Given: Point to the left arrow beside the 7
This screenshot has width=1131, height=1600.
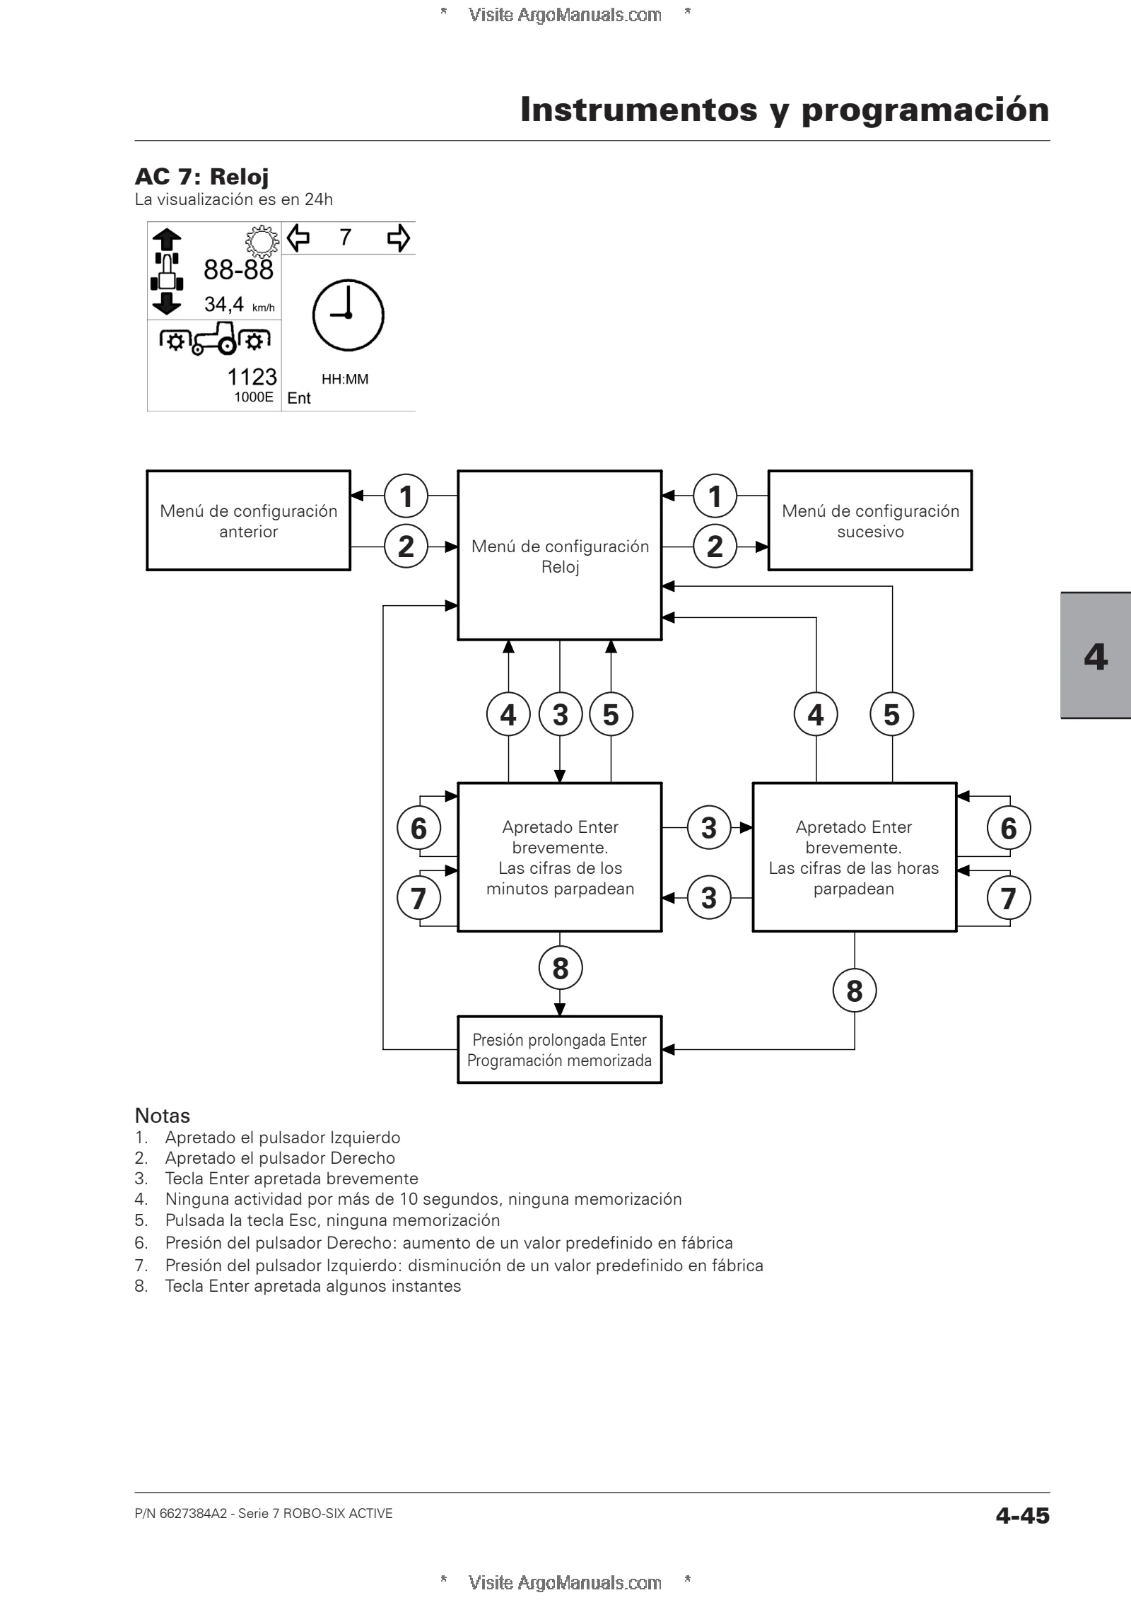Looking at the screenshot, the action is tap(299, 238).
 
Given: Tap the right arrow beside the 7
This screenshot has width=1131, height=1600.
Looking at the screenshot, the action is tap(399, 238).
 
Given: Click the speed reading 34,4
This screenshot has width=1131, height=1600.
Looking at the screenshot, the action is tap(224, 305).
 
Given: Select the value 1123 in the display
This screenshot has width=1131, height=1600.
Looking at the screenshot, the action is tap(252, 377).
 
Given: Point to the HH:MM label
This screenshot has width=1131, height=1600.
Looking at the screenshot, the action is tap(345, 380).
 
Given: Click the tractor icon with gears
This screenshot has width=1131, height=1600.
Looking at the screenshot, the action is tap(215, 339).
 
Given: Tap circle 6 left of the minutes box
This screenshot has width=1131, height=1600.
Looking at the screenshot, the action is tap(418, 828).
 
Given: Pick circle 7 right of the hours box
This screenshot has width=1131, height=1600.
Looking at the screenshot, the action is tap(1009, 898).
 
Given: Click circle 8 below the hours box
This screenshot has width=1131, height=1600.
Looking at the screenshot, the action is tap(855, 991).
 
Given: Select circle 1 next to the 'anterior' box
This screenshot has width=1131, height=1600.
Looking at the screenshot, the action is tap(406, 496).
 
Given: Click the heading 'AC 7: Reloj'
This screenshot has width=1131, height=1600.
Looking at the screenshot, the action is tap(201, 176).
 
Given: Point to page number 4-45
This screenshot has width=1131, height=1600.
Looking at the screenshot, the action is tap(1022, 1516).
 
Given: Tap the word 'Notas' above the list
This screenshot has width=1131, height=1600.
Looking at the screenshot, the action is tap(163, 1116).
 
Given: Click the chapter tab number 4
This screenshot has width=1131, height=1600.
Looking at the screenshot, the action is tap(1096, 657).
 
